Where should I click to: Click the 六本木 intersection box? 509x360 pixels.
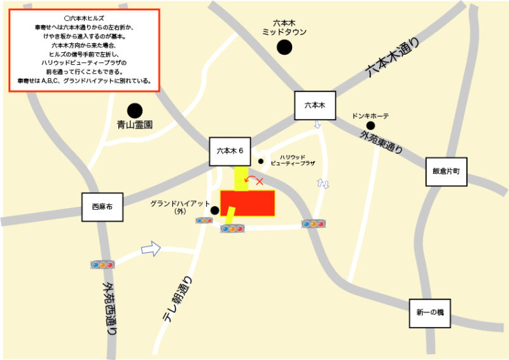(x=314, y=106)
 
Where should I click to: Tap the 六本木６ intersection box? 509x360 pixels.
(x=230, y=151)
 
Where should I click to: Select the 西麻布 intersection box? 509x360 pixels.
(x=102, y=207)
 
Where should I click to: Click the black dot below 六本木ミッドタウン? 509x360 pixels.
(x=284, y=46)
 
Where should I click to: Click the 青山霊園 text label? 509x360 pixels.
(x=135, y=125)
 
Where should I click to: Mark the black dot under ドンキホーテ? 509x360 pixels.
(x=370, y=126)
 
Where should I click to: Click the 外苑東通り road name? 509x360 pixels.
(x=381, y=144)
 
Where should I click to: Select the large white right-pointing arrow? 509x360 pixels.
(x=150, y=248)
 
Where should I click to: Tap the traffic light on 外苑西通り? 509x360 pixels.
(x=102, y=264)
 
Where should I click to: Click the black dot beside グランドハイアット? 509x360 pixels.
(x=215, y=210)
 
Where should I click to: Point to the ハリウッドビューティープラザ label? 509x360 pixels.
(x=293, y=160)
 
